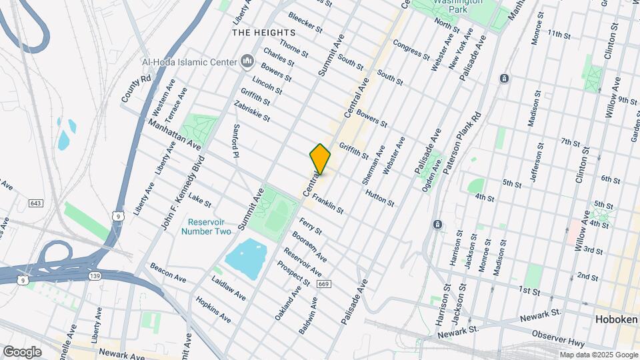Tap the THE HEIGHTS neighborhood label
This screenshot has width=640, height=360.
263,33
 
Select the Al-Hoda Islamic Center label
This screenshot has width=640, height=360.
189,62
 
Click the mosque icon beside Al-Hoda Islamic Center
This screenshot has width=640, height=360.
247,62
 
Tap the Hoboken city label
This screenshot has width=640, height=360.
615,321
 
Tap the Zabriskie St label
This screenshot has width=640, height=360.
252,111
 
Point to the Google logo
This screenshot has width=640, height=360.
22,351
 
